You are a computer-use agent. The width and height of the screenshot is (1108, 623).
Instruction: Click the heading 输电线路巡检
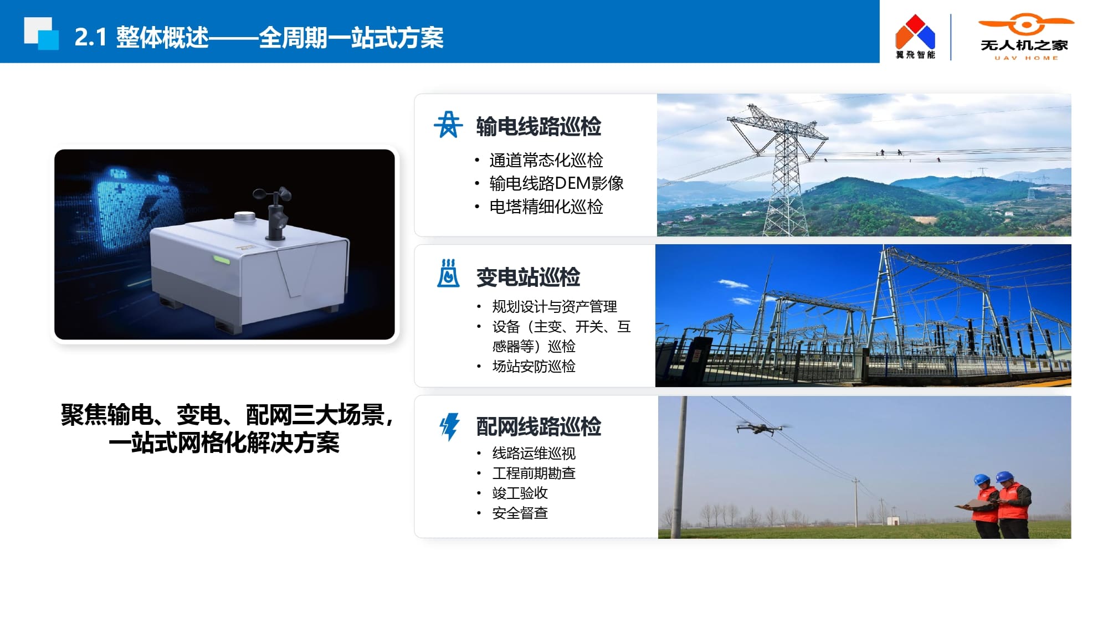[538, 126]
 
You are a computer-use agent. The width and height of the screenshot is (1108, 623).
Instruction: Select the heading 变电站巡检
[528, 277]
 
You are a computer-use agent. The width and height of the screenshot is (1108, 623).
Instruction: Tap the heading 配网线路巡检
[538, 426]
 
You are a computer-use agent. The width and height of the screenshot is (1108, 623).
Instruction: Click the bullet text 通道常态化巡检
[546, 160]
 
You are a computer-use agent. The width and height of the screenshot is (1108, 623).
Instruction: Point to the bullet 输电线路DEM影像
[556, 183]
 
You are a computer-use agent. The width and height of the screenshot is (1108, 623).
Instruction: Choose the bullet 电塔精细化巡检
[546, 207]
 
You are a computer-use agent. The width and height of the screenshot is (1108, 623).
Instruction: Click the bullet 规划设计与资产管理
[555, 306]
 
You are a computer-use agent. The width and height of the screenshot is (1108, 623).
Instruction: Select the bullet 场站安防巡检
[534, 366]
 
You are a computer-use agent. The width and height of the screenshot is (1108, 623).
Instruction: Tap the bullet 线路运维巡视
[534, 453]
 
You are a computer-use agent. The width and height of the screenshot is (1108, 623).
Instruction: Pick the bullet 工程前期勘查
[534, 473]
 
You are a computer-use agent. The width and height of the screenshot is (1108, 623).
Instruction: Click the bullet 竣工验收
[520, 493]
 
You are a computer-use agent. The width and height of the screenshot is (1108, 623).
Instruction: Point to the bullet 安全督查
[520, 513]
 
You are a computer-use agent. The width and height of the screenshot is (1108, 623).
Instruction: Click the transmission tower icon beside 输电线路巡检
[448, 125]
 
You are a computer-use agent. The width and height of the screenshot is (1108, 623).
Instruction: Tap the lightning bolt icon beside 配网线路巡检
[449, 427]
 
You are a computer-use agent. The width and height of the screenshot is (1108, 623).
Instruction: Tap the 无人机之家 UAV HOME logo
[1025, 37]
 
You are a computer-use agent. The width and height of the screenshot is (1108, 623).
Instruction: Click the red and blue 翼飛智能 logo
[915, 37]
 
